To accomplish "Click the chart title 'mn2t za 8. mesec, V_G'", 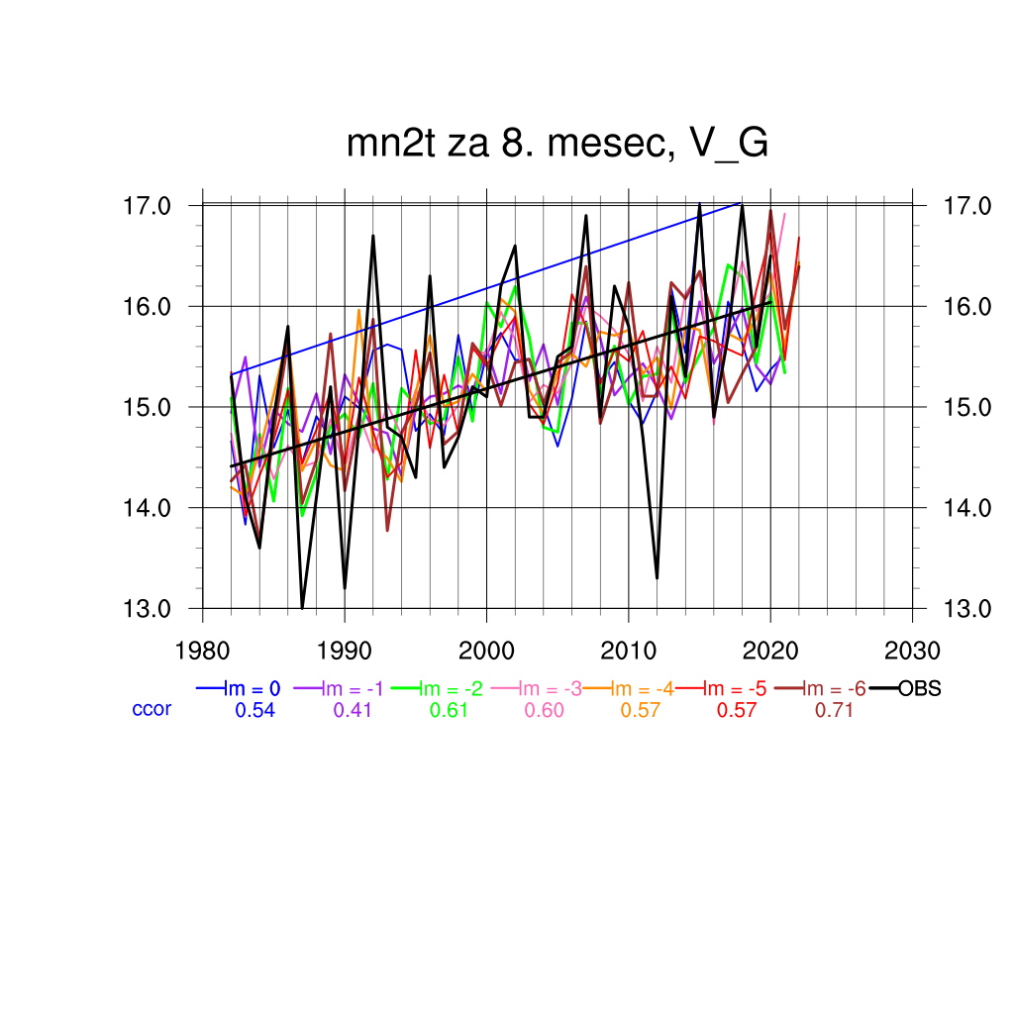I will point(558,145).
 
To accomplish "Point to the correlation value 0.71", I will point(834,710).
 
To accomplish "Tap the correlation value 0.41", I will point(354,710).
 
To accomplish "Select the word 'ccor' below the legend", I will point(152,709).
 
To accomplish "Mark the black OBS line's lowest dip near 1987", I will point(302,607).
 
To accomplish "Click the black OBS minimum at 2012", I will point(657,577).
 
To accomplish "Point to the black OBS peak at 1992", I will point(373,236).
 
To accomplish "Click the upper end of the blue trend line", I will point(741,203).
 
